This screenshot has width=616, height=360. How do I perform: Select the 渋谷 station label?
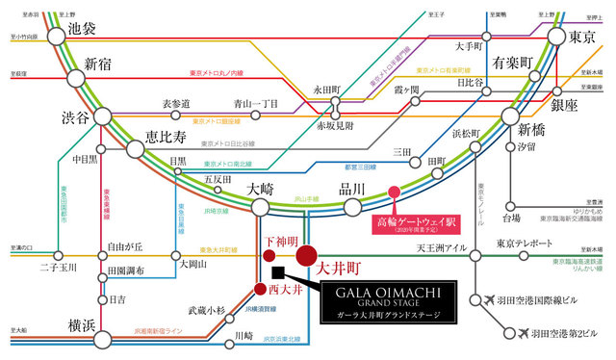click(41, 116)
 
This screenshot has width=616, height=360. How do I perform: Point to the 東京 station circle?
click(556, 37)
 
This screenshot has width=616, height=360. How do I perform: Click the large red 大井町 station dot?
click(307, 256)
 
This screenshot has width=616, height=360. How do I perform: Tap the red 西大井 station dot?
click(259, 288)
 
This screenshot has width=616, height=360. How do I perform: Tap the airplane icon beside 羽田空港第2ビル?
click(512, 334)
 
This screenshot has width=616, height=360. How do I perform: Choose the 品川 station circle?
click(352, 207)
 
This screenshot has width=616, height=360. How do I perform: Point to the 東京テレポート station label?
click(526, 244)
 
